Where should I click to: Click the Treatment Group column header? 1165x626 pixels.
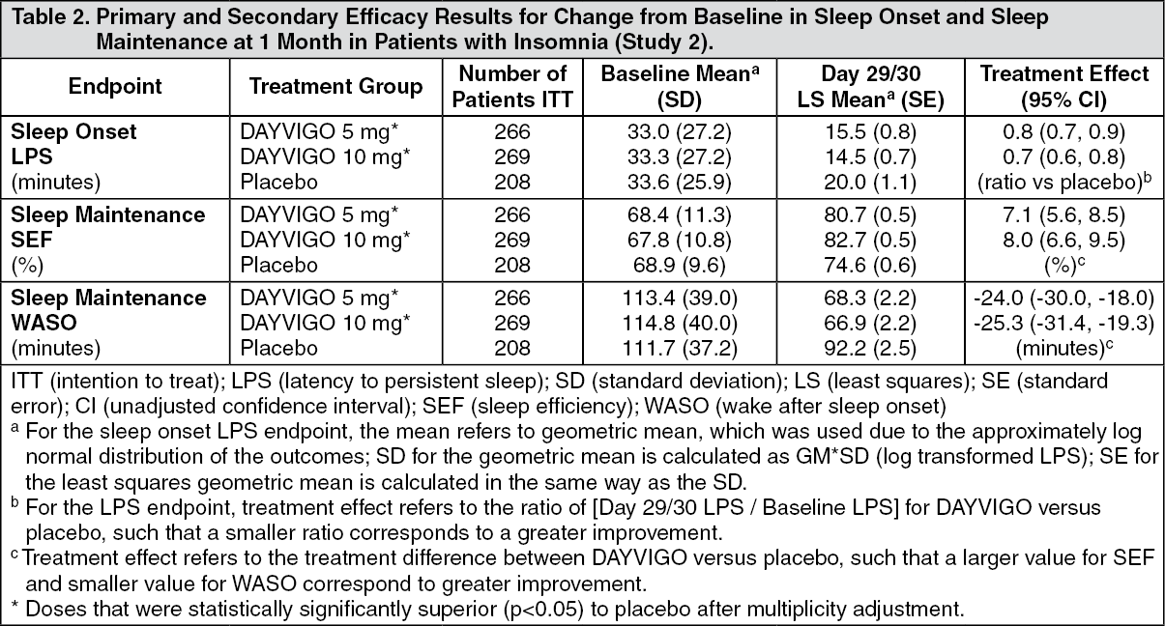pyautogui.click(x=335, y=86)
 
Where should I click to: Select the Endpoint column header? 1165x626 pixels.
pyautogui.click(x=115, y=86)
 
